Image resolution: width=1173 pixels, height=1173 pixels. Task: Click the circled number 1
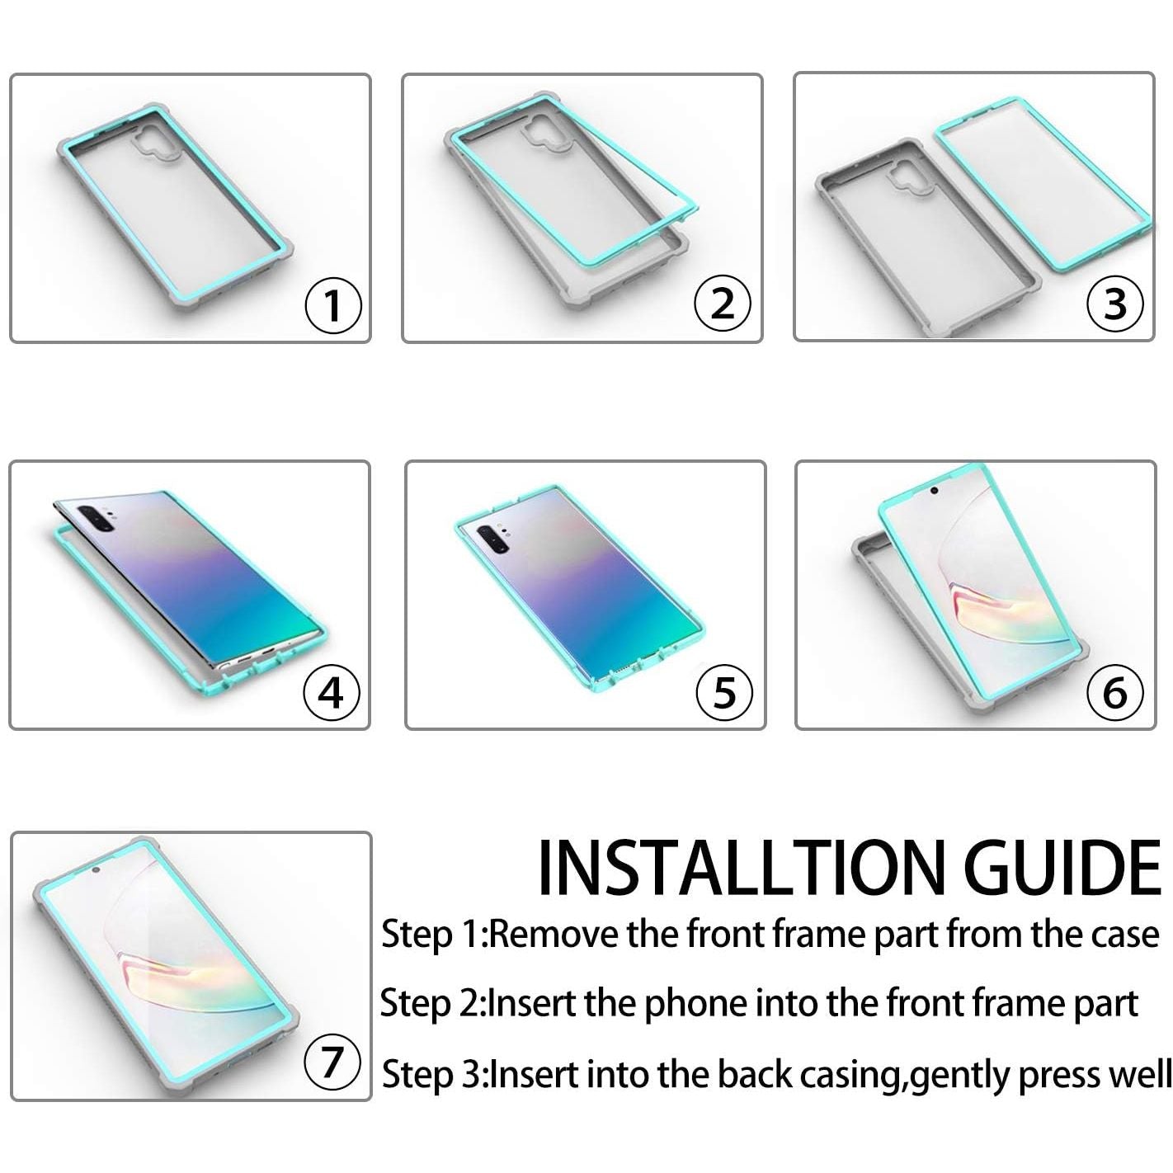332,305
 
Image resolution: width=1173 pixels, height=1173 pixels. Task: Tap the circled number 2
722,303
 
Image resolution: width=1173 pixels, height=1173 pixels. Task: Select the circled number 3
1114,304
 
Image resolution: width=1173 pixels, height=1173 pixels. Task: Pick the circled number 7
332,1062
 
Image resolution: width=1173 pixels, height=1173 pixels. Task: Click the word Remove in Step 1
554,935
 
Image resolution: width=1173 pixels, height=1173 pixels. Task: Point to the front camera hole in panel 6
934,490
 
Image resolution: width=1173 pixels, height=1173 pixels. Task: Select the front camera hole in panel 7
97,870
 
